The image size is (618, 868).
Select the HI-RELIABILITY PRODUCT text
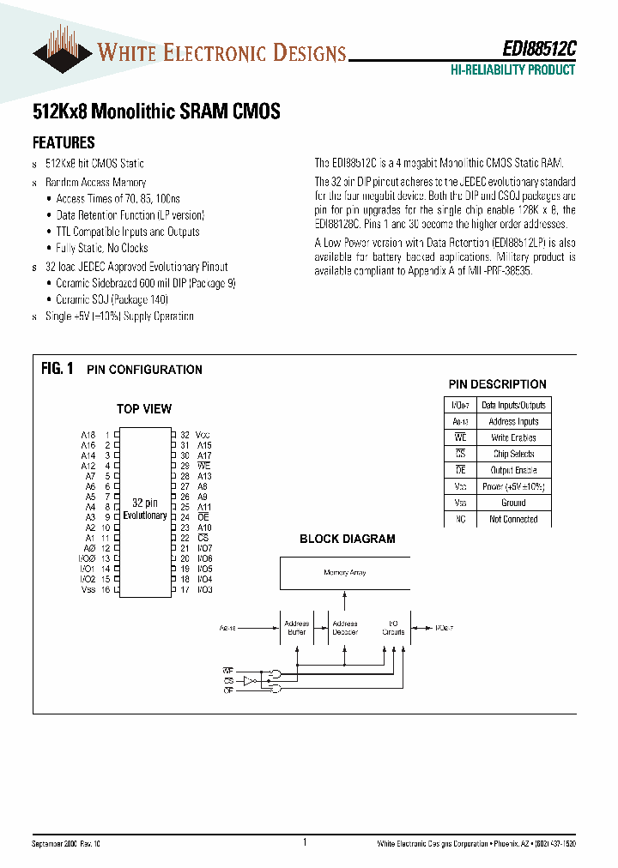(512, 70)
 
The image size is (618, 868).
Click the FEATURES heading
(64, 143)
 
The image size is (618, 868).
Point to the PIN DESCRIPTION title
(497, 384)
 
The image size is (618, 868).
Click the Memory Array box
(345, 572)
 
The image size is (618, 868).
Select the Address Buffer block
(296, 628)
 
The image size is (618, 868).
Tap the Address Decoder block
(345, 628)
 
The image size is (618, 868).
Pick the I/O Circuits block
(394, 628)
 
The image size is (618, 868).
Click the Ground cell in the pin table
(513, 503)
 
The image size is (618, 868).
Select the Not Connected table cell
(513, 519)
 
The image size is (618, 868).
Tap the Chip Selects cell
(513, 454)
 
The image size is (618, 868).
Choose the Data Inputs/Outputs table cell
(513, 405)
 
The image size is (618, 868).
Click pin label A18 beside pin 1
(88, 436)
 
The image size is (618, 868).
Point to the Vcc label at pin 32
(203, 436)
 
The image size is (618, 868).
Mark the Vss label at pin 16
(88, 589)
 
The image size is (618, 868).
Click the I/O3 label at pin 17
(204, 589)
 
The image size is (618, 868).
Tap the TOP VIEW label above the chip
(144, 409)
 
